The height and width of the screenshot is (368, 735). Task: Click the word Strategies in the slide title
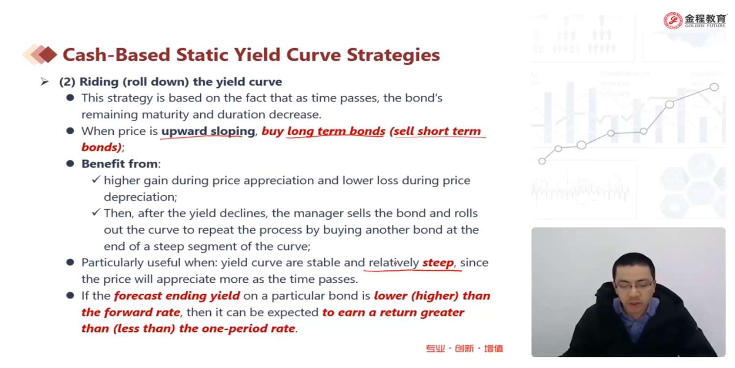coord(393,55)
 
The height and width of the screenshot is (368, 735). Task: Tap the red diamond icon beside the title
coord(48,54)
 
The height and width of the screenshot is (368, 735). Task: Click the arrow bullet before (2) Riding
coord(45,81)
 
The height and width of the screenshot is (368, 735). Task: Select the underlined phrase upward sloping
coord(208,131)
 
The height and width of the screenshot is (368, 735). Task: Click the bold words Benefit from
coord(120,163)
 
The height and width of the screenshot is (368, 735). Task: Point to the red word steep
coord(438,263)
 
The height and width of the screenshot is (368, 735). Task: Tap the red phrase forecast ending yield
coord(177,296)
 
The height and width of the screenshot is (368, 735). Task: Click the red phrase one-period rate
coord(248,328)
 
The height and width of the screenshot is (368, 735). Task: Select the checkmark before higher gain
coord(96,180)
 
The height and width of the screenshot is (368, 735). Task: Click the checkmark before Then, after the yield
coord(96,212)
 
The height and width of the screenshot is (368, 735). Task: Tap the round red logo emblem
coord(673,21)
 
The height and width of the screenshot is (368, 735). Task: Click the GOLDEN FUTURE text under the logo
coord(705,26)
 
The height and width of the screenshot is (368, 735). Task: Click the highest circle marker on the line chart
coord(714,87)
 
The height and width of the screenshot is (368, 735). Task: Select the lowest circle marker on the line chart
coord(542,161)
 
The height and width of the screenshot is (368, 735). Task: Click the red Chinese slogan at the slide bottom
coord(465,348)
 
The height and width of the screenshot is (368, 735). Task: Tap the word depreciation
coord(140,197)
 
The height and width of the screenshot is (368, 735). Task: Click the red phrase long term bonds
coord(336,131)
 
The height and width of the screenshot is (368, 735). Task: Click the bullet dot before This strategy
coord(70,98)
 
